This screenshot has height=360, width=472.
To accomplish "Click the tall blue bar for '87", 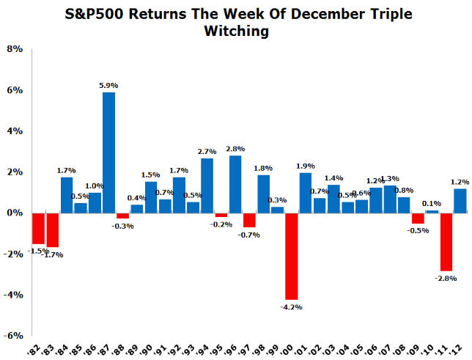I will point(108,153).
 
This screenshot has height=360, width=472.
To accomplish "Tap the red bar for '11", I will point(446,241).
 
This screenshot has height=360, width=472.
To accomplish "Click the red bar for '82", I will point(38,228).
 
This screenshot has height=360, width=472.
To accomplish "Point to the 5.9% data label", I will point(108,86).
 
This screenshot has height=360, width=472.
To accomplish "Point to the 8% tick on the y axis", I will point(15,49).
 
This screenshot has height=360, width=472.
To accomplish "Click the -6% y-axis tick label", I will point(14,336).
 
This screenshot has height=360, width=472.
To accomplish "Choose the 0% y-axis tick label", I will point(15,213).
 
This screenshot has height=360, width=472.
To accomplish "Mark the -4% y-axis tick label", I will point(14,295).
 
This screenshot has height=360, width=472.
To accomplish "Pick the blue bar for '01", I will point(306,192).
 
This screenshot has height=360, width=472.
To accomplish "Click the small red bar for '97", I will point(249,220).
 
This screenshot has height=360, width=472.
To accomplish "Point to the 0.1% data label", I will point(432,203).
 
